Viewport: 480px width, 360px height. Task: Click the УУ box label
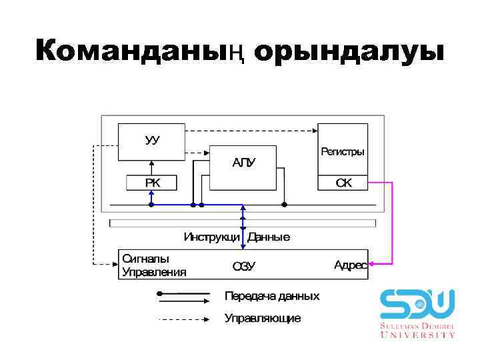click(152, 141)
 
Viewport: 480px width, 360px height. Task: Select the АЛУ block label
click(243, 162)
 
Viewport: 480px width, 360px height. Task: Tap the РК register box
click(152, 182)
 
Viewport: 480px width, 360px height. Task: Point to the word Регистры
click(343, 152)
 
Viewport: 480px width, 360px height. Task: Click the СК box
click(343, 182)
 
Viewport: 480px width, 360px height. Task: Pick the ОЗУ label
click(243, 267)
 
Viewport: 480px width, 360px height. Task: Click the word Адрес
click(350, 265)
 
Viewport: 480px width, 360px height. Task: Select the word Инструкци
click(213, 237)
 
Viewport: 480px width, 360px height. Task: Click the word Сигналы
click(145, 259)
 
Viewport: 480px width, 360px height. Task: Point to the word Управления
click(154, 272)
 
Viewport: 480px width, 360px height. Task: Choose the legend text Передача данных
click(272, 295)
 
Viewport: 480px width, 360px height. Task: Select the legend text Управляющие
click(263, 319)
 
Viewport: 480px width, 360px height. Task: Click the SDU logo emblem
click(417, 304)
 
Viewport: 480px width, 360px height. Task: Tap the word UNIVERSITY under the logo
click(418, 335)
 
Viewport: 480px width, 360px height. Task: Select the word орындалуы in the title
click(349, 51)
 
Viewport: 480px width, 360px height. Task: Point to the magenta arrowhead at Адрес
click(373, 265)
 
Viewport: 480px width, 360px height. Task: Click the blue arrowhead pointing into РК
click(152, 193)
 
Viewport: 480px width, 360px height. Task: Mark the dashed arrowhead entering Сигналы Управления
click(114, 265)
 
